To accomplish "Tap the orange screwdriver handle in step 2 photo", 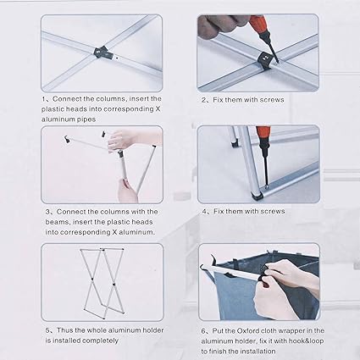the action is point(259,24).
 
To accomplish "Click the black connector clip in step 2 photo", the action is point(266,61).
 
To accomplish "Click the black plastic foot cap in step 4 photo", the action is point(258,197).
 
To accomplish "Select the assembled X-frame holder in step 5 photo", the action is point(102,283).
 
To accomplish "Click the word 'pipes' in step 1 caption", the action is point(86,119).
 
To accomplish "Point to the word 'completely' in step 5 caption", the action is point(100,341).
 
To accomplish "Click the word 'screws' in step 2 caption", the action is point(272,100).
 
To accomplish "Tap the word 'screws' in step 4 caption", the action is point(273,211).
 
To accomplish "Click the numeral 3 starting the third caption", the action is point(47,212).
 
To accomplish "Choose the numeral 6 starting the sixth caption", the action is point(203,331).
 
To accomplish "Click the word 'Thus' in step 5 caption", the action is point(65,330).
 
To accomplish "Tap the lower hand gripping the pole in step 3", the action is point(126,191).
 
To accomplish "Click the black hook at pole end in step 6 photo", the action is point(213,260).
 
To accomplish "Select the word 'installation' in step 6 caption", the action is point(257,352).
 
